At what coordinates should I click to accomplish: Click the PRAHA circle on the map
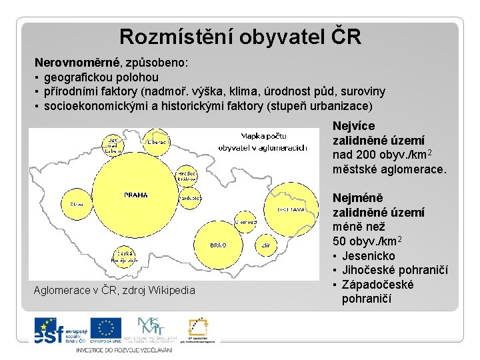point(135,195)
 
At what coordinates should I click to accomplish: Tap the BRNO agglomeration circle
point(218,245)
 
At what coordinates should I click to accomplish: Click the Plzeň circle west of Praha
point(77,203)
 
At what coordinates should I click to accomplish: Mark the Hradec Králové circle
point(186,175)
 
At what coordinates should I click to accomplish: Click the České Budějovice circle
point(124,255)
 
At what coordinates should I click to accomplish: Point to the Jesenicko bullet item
point(368,256)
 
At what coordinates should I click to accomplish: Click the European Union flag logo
point(106,329)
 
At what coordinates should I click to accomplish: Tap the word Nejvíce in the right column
point(353,126)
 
